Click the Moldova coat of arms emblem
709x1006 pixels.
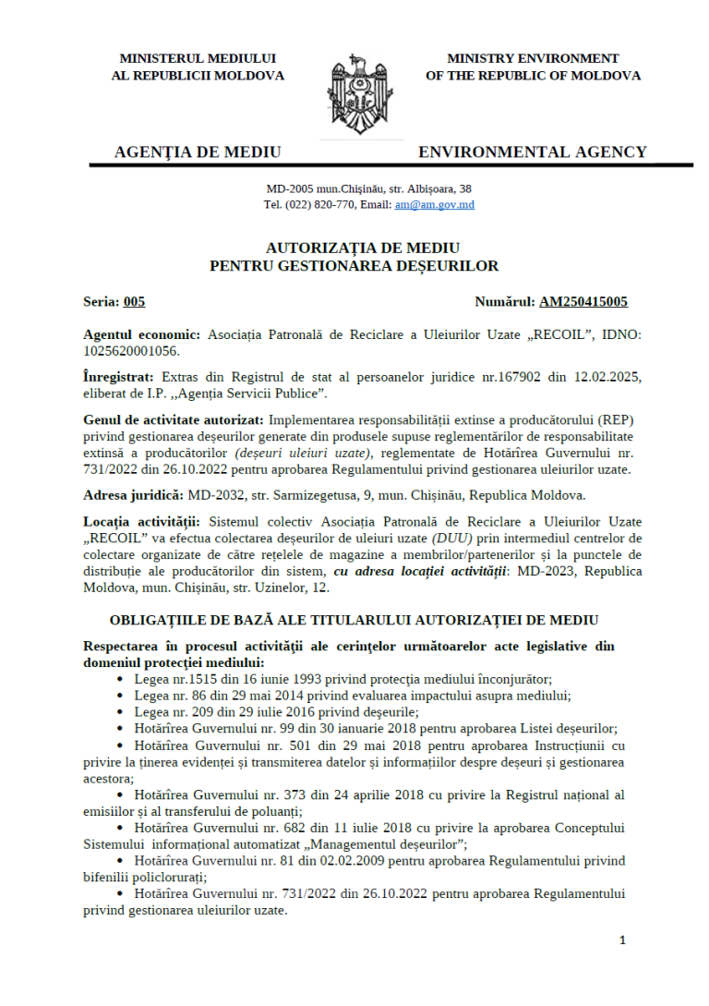tap(354, 93)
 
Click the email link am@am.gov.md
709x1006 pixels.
tap(434, 204)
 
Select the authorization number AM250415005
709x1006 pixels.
tap(583, 301)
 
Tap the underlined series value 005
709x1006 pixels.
tap(134, 301)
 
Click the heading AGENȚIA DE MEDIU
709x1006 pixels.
tap(198, 152)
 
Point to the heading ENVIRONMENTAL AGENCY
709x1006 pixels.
tap(533, 152)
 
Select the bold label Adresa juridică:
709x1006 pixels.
tap(132, 495)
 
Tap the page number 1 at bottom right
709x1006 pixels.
tap(622, 940)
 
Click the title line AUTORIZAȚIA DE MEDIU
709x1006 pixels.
tap(354, 248)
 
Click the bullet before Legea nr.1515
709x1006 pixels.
tap(122, 678)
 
